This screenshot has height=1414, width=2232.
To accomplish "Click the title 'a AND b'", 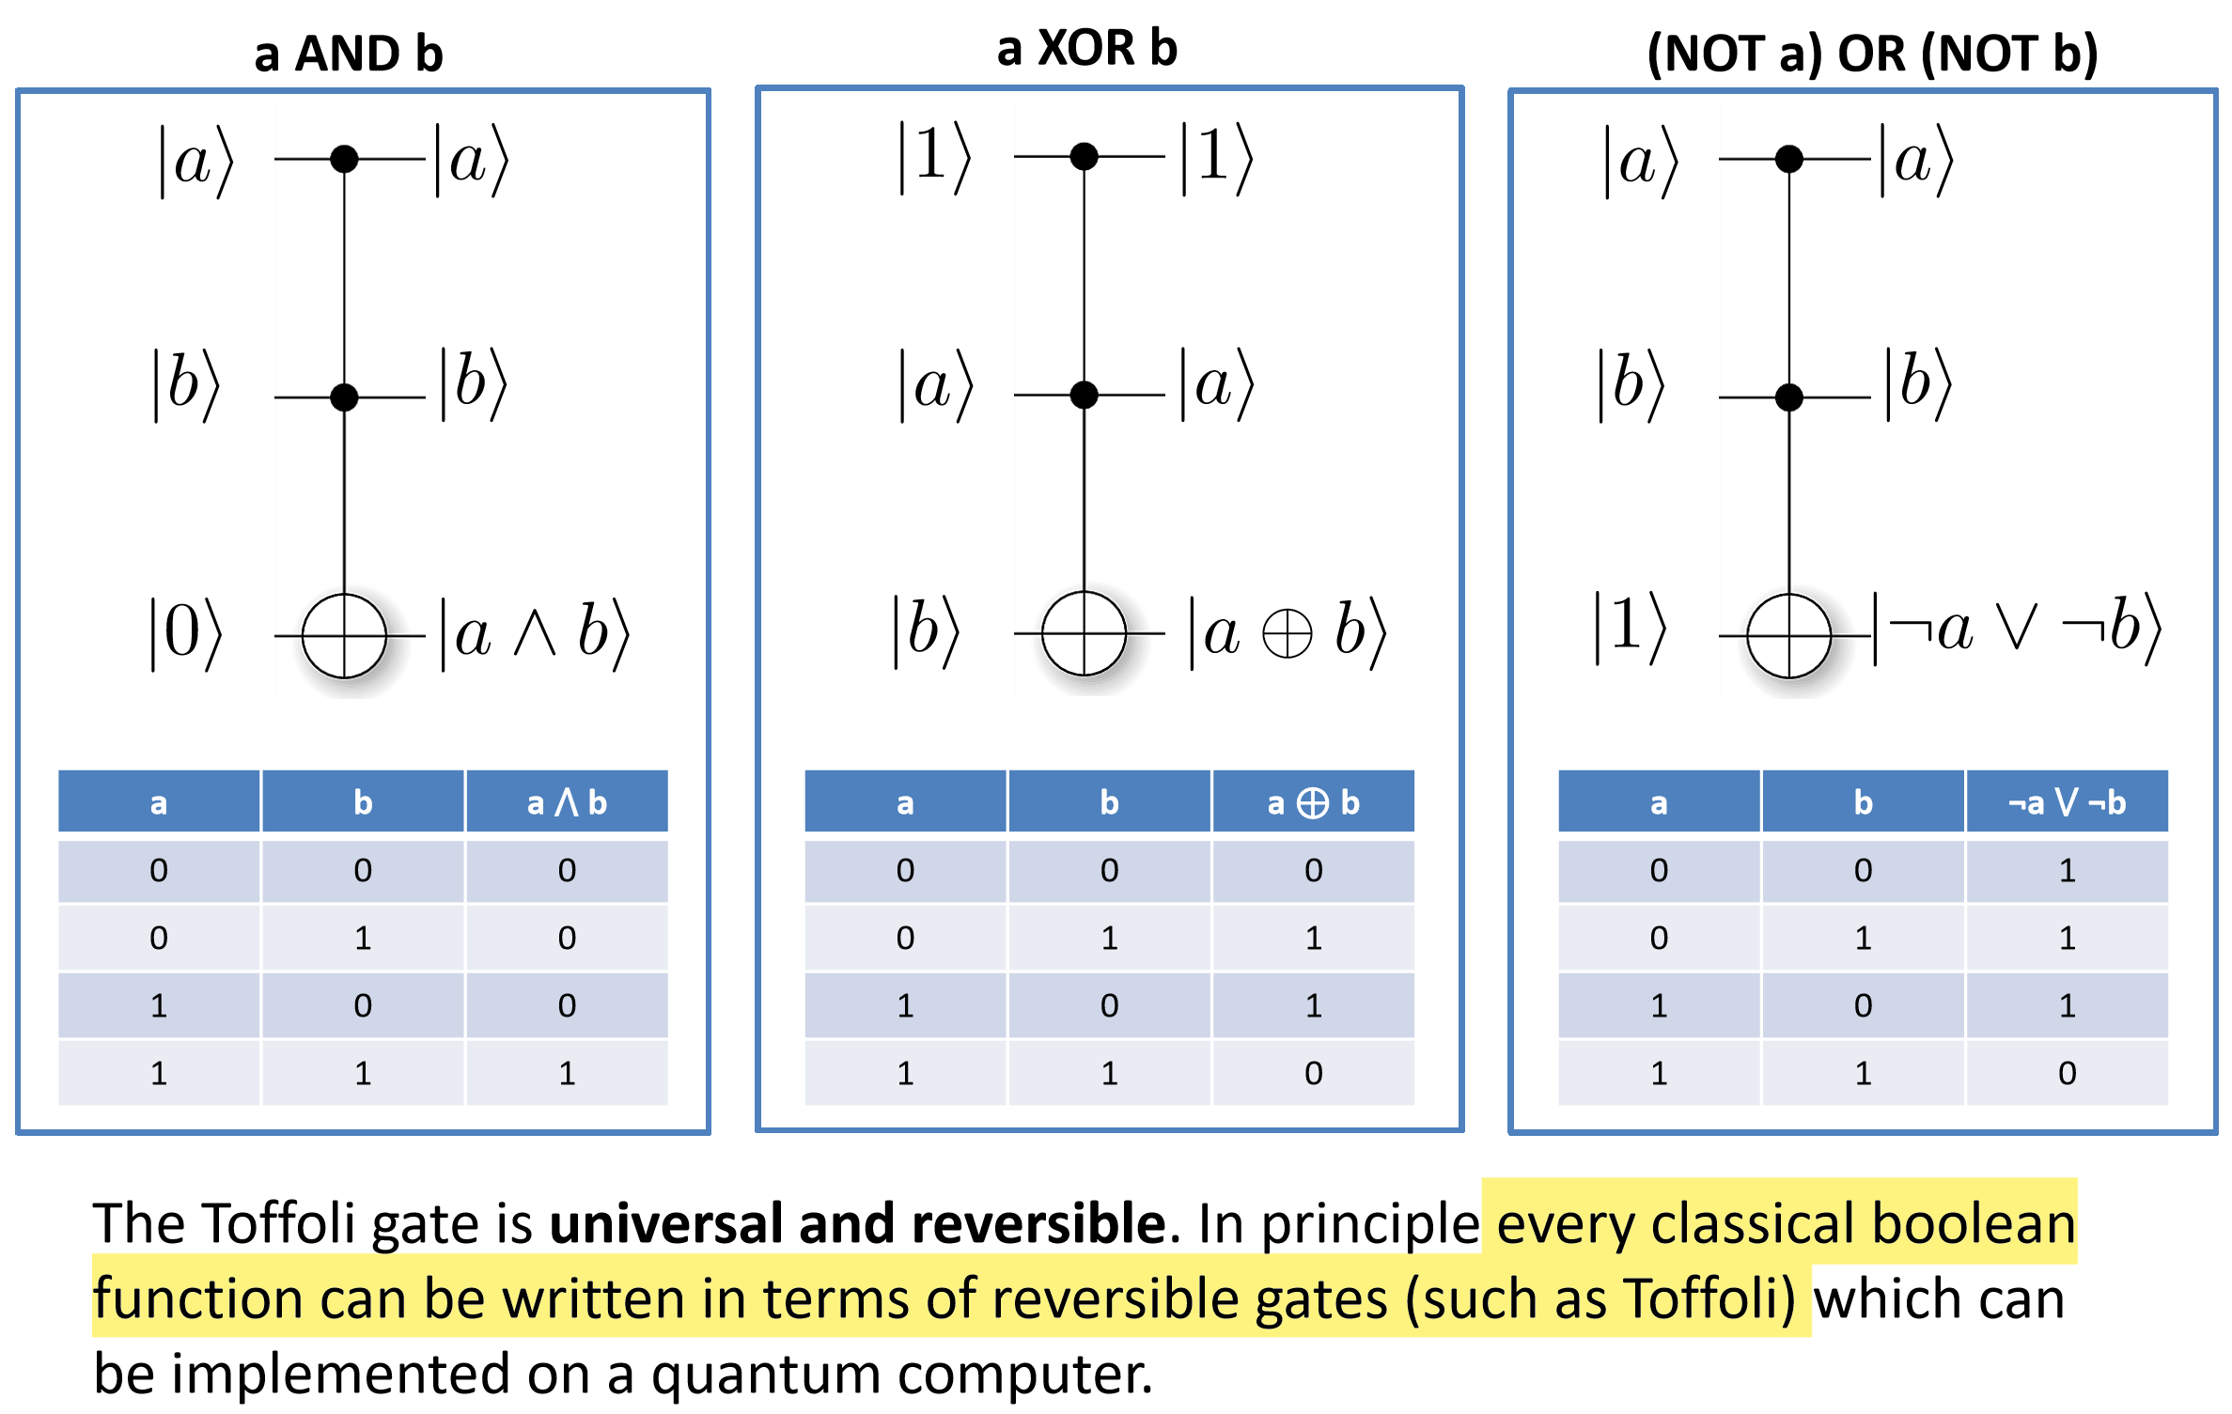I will point(348,54).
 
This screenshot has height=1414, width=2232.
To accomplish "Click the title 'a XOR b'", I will point(1086,48).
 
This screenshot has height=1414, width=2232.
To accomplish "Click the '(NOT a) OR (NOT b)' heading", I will point(1872,54).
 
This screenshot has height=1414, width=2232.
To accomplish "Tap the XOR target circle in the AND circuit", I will point(344,635).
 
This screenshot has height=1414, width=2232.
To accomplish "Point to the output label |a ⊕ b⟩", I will point(1287,633).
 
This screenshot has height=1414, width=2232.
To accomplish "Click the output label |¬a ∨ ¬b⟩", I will point(2017,629).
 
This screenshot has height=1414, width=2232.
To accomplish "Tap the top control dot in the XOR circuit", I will point(1084,156).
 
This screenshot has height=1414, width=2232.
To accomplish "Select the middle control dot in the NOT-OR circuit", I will point(1788,396).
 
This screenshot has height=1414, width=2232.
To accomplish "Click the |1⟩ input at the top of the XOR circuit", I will point(933,156).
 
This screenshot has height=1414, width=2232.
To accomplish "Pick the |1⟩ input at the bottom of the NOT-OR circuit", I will point(1631,628).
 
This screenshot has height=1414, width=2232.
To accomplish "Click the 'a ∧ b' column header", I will point(567,802).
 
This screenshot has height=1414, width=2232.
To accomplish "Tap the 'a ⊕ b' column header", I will point(1313,802).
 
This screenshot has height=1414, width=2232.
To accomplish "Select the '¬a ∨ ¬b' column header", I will point(2066,802).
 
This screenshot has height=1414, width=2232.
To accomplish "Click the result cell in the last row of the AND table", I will point(567,1073).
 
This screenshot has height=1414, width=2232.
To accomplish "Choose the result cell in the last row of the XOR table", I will point(1313,1073).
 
